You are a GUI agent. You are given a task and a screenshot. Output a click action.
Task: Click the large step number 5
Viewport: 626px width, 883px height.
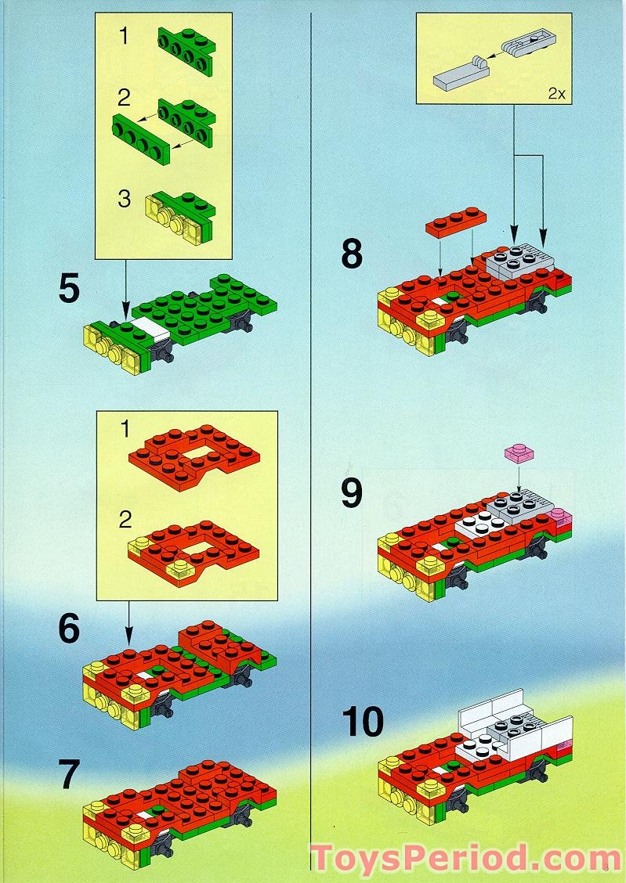click(69, 290)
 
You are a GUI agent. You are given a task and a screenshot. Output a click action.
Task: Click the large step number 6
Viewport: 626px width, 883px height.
click(69, 629)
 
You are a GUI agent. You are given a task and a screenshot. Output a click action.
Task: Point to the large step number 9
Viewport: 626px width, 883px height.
click(352, 493)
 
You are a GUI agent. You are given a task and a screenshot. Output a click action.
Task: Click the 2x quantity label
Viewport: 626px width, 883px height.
click(557, 93)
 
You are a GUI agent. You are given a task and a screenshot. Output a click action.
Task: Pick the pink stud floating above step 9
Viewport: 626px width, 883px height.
click(519, 453)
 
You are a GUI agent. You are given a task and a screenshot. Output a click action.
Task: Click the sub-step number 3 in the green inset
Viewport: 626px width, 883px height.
click(124, 199)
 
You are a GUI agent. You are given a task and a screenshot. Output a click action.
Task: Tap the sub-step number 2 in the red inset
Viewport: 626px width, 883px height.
click(125, 520)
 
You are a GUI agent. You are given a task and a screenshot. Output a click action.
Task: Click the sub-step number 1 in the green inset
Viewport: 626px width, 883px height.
click(124, 37)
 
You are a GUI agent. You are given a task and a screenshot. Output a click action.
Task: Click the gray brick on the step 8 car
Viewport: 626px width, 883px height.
click(520, 261)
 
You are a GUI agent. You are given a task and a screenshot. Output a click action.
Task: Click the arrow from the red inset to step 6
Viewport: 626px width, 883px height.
click(128, 623)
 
